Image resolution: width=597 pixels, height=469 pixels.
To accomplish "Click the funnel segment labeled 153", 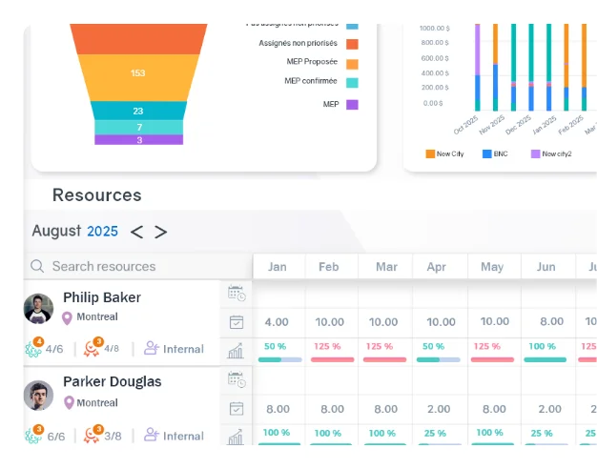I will coord(138,73).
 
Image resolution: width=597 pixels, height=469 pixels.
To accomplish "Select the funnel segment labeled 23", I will coord(138,111).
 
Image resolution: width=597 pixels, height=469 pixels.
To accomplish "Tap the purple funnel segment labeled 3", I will coord(138,140).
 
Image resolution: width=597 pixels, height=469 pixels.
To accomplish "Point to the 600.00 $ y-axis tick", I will coord(434,57).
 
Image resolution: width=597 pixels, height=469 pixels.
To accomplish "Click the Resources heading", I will coord(96,195).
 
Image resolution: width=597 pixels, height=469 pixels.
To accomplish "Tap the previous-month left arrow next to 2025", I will coord(137,232).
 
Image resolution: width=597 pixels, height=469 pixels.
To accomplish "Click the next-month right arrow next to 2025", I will coord(160,232).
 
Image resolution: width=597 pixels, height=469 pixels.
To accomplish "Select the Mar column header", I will coord(386,267).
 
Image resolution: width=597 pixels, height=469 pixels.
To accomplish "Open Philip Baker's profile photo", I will coord(39,308).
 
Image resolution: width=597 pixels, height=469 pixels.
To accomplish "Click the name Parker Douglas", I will coord(112,381).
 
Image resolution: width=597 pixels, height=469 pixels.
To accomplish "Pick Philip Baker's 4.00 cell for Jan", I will coord(277,322).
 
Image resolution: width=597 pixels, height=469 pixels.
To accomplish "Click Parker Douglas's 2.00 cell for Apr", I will coord(440,409).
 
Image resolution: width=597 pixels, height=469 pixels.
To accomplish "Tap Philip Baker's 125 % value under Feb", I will coord(330,346).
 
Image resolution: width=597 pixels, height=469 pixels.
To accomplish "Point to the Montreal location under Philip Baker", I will coord(96,317).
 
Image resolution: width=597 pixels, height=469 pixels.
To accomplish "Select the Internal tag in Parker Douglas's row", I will coord(182,436).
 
